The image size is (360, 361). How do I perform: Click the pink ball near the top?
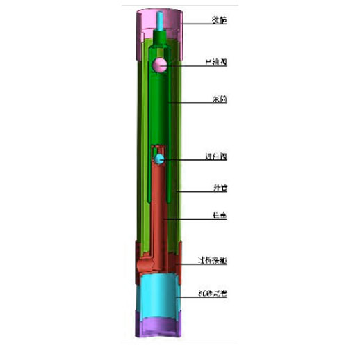point(159,65)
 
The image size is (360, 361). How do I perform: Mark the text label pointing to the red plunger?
point(218,217)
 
